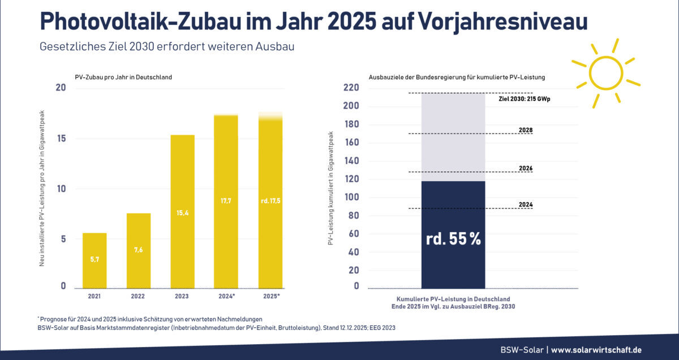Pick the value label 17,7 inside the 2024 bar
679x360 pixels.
coord(226,201)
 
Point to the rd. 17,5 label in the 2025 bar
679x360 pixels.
coord(270,201)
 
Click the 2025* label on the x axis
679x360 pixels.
coord(271,296)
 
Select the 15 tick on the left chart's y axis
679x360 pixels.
coord(62,139)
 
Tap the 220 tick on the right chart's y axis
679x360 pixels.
coord(351,88)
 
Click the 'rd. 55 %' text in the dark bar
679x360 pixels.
coord(453,239)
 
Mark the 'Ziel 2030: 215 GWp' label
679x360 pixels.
coord(525,98)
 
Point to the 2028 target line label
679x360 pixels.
coord(526,130)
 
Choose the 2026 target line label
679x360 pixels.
coord(526,169)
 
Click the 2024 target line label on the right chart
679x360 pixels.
coord(526,205)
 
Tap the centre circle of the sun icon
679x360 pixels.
coord(606,72)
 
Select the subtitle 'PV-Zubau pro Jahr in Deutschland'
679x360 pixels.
coord(123,77)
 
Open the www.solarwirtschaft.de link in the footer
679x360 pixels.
coord(596,350)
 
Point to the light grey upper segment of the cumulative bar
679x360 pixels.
coord(453,136)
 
